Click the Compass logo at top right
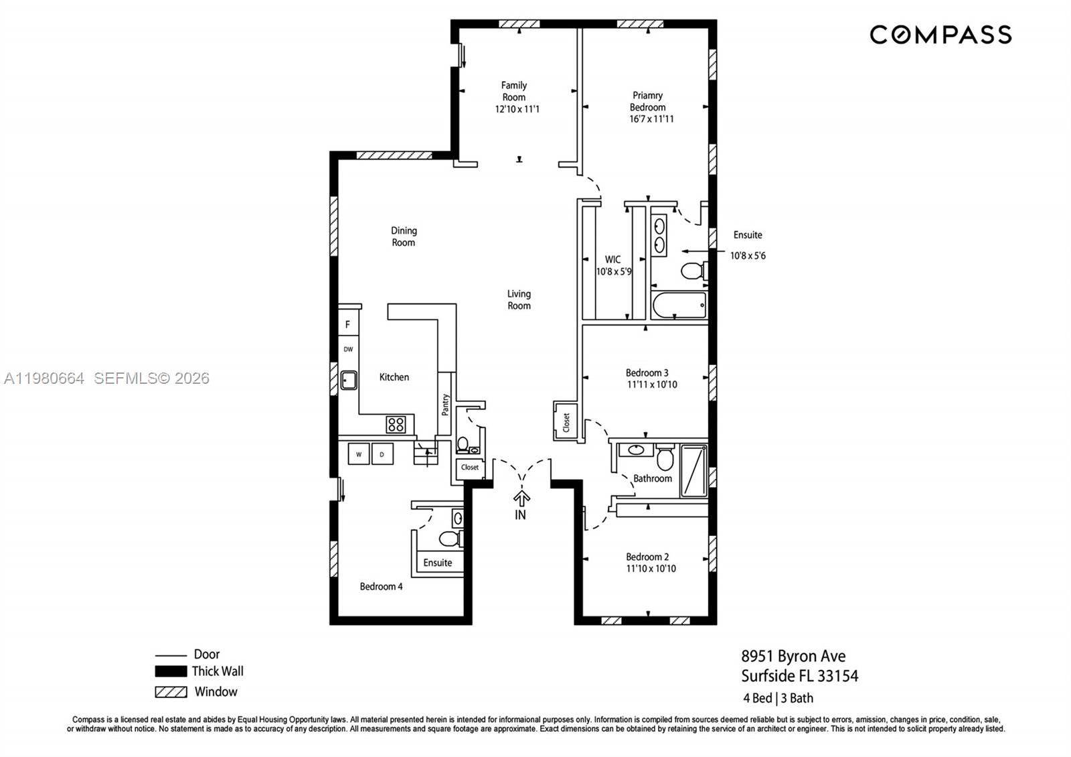pos(940,35)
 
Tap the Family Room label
pos(514,91)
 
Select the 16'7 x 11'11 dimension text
pos(651,119)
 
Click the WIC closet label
pos(612,259)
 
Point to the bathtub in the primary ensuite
pos(679,306)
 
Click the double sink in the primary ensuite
pos(659,235)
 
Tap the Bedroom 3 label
pos(647,372)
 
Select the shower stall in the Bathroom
pos(694,470)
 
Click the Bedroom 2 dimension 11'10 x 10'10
pos(651,569)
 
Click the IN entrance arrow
pos(521,499)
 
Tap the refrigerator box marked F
pos(348,325)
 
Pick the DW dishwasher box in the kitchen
pos(348,349)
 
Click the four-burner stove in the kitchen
pos(396,424)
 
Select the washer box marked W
pos(359,454)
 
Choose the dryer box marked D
pos(382,454)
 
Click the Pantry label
pos(445,405)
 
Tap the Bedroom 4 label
pos(381,587)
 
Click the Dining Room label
pos(404,236)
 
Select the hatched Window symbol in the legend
pos(171,692)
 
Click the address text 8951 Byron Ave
pos(793,656)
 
